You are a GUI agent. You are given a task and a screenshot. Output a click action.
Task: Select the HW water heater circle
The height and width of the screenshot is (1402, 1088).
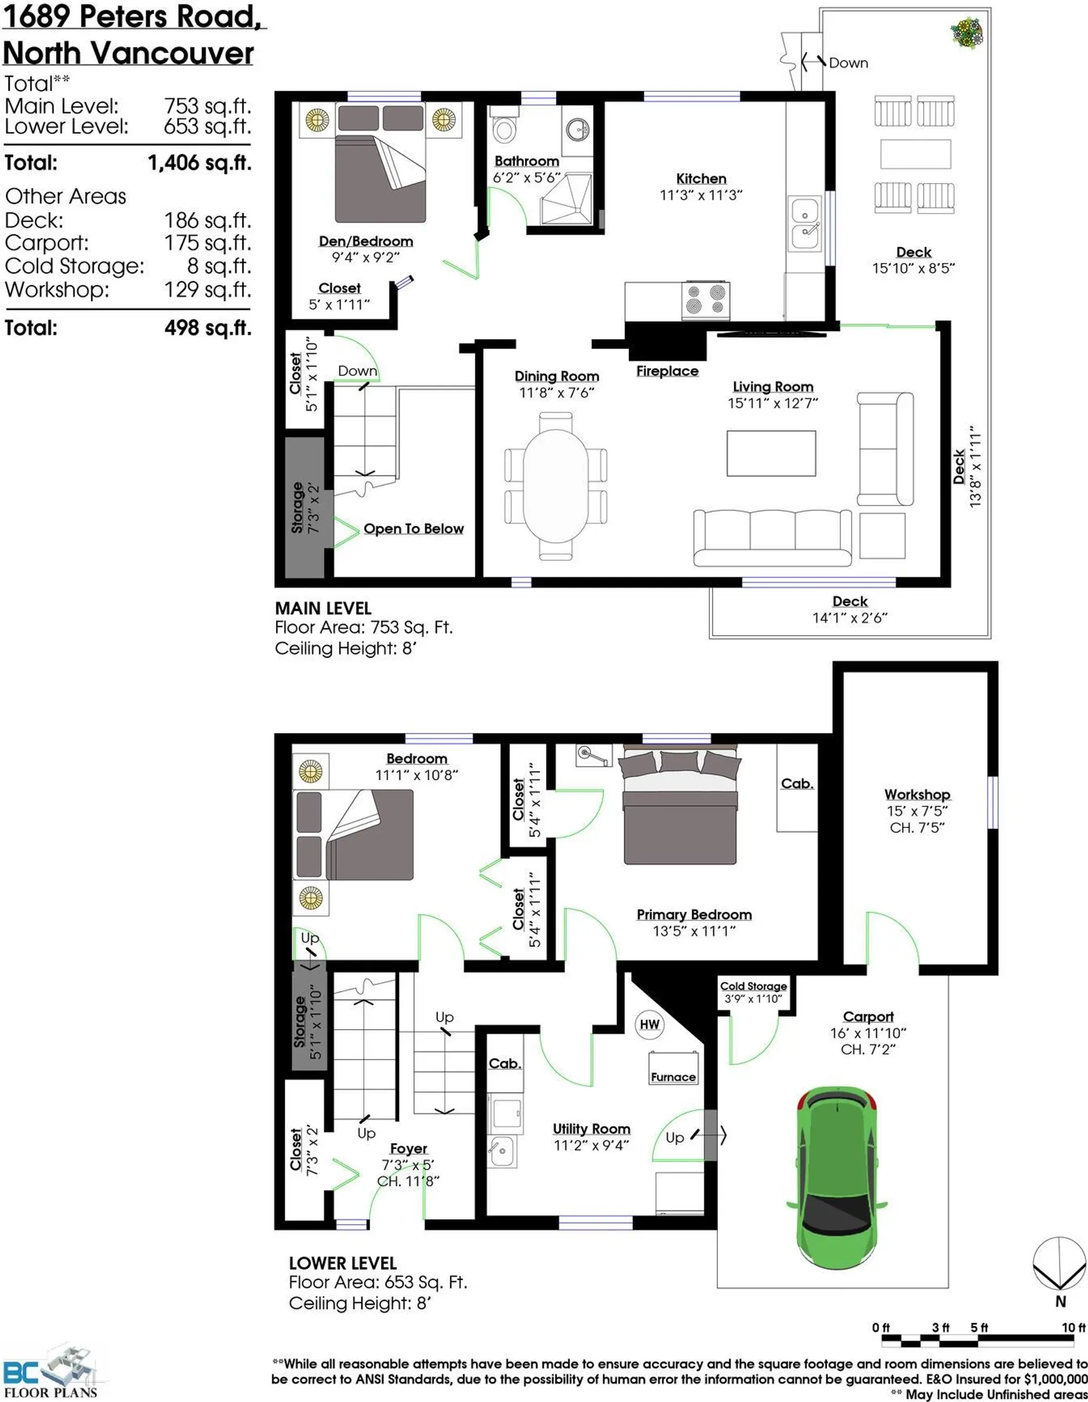[649, 1024]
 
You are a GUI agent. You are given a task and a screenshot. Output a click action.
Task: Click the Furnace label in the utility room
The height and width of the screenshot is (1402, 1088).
[673, 1077]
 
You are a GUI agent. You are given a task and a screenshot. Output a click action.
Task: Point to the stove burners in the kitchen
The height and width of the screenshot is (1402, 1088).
[705, 299]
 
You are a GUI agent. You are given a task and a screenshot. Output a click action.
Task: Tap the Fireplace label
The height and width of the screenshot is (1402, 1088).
[668, 371]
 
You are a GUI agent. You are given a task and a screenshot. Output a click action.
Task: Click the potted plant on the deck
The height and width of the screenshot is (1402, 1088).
[967, 33]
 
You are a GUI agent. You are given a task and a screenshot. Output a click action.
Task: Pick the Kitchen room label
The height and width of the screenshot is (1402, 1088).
[701, 179]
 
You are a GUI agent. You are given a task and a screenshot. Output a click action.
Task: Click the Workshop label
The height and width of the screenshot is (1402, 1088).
[917, 794]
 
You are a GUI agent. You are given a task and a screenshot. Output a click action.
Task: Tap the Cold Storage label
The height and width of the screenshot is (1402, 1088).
[754, 985]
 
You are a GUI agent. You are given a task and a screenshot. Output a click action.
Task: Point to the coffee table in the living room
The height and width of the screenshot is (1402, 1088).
[771, 453]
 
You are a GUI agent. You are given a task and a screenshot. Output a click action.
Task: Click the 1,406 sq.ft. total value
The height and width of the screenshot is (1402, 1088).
[199, 163]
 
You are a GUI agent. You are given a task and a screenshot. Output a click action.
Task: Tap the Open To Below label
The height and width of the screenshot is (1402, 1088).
[414, 528]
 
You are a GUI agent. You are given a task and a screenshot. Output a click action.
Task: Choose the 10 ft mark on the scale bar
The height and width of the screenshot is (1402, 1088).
[1073, 1327]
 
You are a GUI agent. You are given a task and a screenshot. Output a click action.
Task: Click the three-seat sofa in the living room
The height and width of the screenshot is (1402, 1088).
[773, 538]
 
